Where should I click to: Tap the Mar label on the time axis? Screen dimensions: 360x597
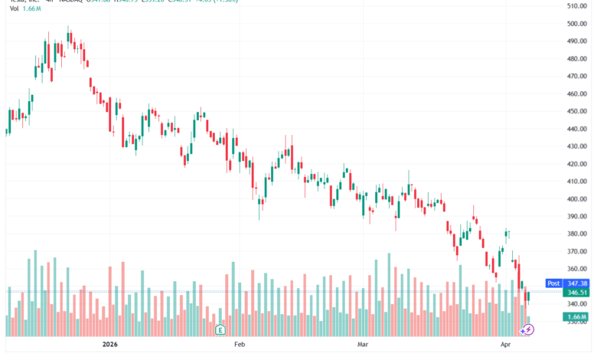pos(363,345)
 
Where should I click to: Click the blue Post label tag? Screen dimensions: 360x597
pos(552,283)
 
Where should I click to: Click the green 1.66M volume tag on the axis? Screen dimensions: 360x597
pos(576,317)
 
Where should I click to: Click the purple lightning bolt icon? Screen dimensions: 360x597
pos(527,329)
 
